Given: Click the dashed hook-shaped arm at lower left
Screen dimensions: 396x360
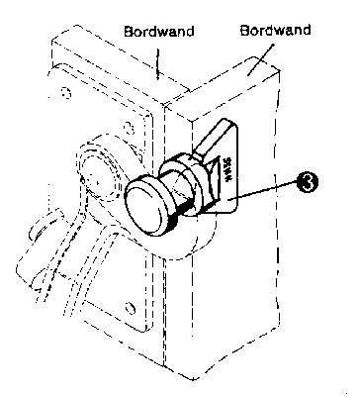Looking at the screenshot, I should [x=40, y=247].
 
